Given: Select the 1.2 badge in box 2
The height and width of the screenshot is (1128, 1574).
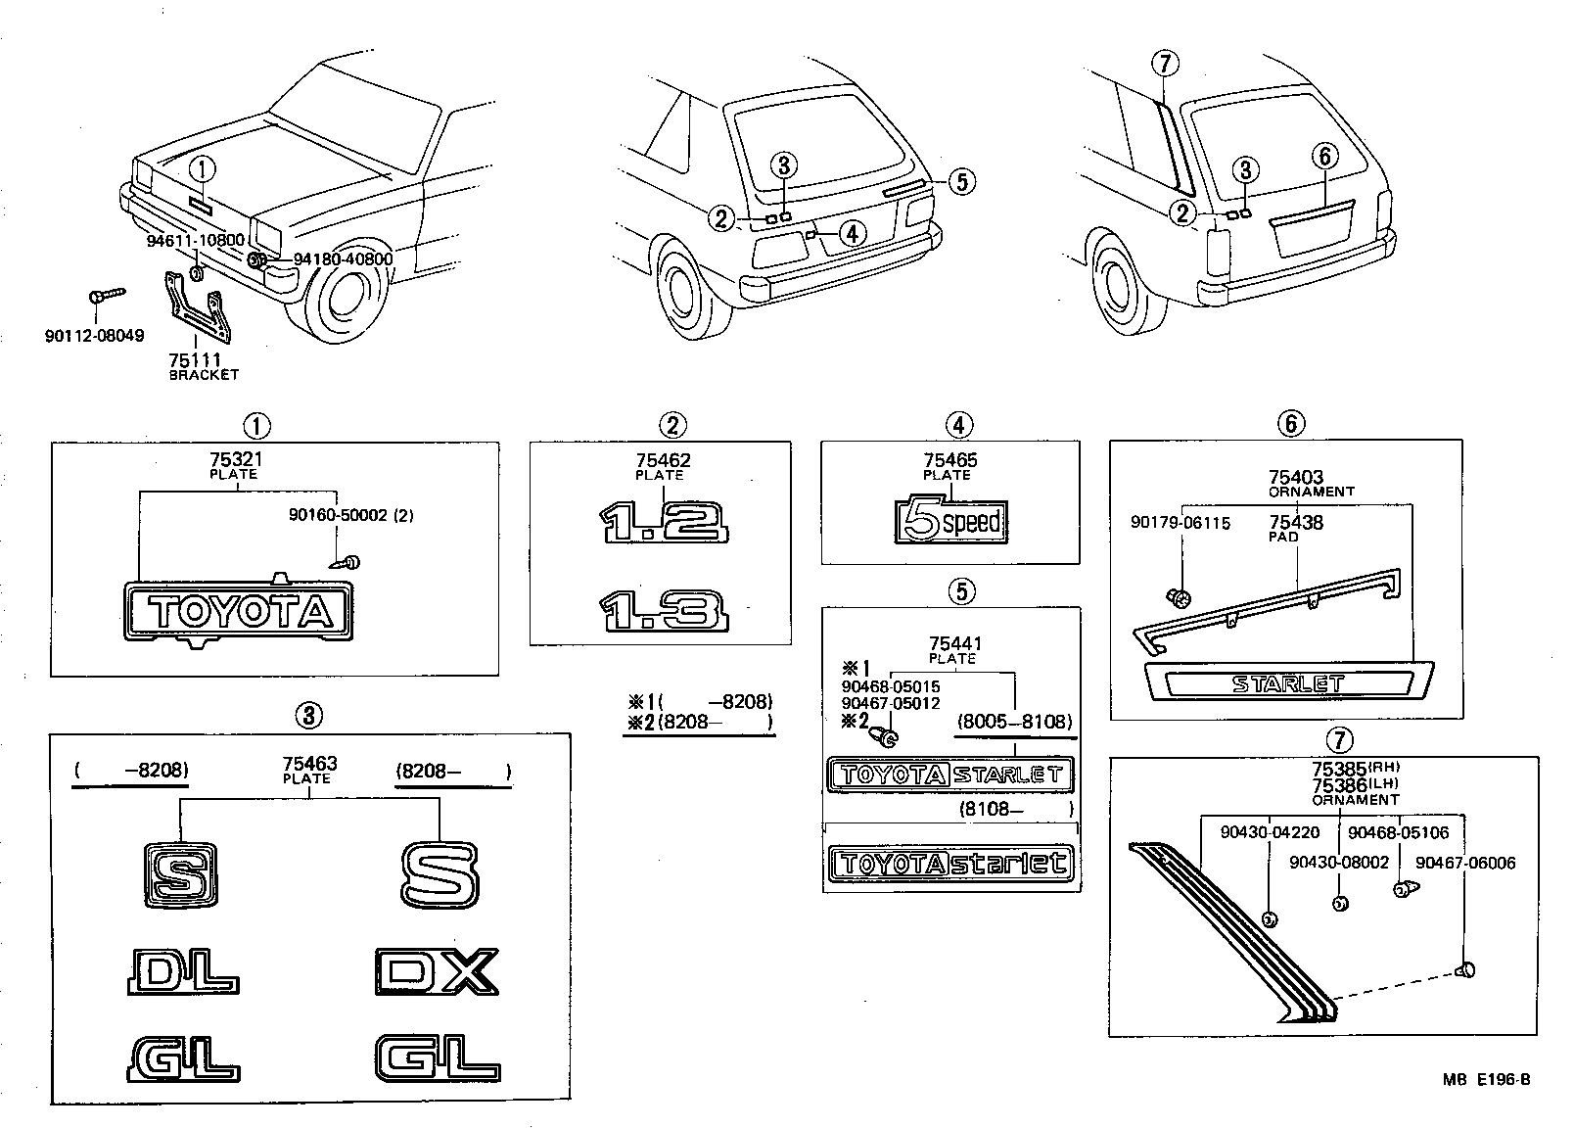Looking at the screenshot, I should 667,522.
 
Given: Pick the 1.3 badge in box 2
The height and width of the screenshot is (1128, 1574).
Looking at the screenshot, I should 665,610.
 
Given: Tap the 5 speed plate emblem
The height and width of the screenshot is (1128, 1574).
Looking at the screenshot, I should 951,521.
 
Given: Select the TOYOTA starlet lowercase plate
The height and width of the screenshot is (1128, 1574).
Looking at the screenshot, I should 949,863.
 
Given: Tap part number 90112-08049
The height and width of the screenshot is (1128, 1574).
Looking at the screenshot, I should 94,336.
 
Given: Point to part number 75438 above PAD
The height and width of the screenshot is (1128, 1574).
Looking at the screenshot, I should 1296,523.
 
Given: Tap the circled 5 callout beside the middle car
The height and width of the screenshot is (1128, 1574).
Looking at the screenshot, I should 962,180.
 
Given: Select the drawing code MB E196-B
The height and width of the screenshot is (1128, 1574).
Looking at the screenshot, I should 1485,1081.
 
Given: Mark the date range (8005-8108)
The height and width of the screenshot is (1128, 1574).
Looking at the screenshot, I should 1015,722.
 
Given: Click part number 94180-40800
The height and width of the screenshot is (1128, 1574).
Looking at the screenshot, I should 343,259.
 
